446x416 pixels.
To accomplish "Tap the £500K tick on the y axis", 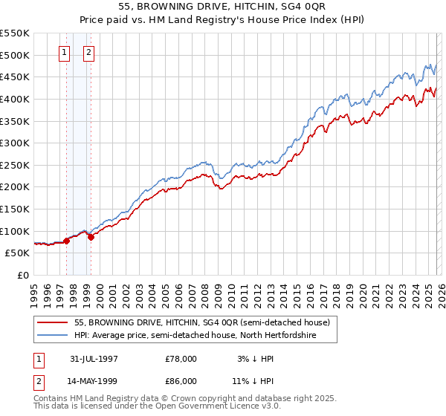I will pos(15,55).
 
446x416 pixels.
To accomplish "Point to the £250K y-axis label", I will pos(15,165).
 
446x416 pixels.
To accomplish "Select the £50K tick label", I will pos(18,253).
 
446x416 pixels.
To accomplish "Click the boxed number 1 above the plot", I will pos(65,52).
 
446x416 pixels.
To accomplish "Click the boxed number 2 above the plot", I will pos(89,52).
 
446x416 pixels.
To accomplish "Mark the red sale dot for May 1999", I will pos(91,237).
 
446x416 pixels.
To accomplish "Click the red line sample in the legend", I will pos(52,323).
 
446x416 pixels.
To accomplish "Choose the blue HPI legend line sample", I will pos(52,336).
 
